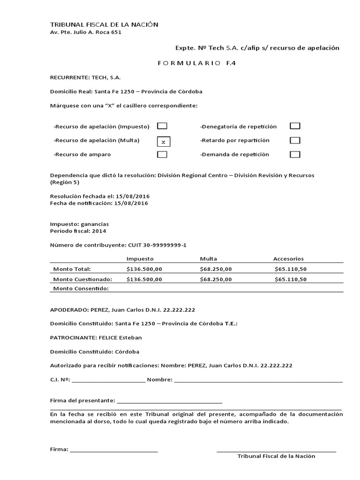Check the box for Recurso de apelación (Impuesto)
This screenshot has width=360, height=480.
[162, 126]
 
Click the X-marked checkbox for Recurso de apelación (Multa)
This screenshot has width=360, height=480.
[163, 141]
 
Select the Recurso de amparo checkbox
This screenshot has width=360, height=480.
[162, 154]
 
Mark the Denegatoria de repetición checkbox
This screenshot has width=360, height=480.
[295, 126]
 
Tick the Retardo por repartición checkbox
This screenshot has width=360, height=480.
[295, 140]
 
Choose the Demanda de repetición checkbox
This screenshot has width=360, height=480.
[295, 154]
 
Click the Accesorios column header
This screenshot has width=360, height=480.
[288, 258]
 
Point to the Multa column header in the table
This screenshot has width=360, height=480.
[208, 258]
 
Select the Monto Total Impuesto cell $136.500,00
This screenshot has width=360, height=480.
[144, 269]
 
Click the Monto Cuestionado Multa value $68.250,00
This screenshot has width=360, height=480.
[216, 279]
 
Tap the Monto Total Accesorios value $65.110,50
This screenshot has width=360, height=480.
[291, 269]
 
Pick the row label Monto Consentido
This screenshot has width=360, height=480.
[81, 288]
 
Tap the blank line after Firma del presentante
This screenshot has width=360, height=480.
[169, 401]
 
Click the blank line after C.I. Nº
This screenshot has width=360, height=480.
[109, 380]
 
